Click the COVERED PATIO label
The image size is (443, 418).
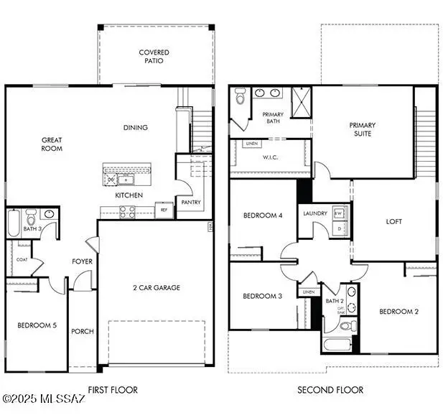[x=154, y=57]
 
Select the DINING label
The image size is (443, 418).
[x=135, y=128]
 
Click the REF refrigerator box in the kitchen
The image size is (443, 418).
[x=163, y=210]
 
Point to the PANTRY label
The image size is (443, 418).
[x=191, y=203]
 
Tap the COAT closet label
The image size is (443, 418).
[x=22, y=261]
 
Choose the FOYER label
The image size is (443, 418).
[x=82, y=261]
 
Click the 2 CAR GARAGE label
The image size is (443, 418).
[x=156, y=288]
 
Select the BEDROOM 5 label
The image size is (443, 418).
[x=37, y=325]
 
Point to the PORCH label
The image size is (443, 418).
[x=83, y=331]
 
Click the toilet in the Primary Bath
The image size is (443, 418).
[x=240, y=93]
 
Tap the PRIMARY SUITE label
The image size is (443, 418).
[x=362, y=129]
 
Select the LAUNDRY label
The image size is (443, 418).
[x=315, y=213]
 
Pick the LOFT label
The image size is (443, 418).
[x=394, y=222]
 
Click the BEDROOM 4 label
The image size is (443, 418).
[x=262, y=215]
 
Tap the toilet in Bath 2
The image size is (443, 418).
[x=345, y=327]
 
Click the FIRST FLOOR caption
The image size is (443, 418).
[x=112, y=390]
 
